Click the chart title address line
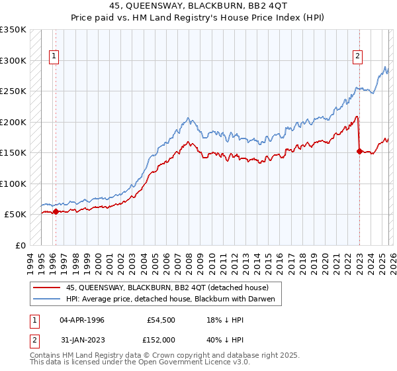pos(198,5)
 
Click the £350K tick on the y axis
pos(13,30)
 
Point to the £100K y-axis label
pos(13,184)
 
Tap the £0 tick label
pos(21,245)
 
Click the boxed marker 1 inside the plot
pos(54,57)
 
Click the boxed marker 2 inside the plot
pos(357,57)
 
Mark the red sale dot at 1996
pos(56,212)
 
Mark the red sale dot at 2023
pos(359,152)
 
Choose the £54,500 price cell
pos(161,319)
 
